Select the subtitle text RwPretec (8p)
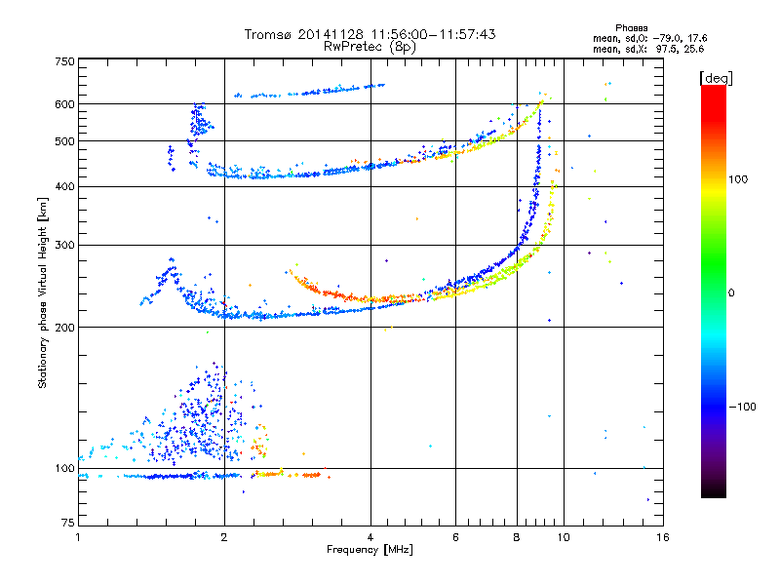(x=370, y=47)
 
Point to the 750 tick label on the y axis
(x=64, y=61)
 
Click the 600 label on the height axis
(x=64, y=104)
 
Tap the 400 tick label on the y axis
(x=64, y=187)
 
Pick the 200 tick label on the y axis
(x=64, y=328)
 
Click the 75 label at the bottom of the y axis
(x=68, y=523)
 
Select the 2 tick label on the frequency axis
(x=224, y=537)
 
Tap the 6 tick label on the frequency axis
(x=455, y=537)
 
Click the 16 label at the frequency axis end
(x=663, y=537)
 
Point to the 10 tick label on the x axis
(x=564, y=537)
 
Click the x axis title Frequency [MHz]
(x=370, y=550)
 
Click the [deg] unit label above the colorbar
(x=716, y=78)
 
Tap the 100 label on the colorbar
(x=738, y=179)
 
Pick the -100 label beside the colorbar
(x=742, y=407)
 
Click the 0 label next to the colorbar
(x=731, y=293)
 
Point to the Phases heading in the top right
(x=631, y=28)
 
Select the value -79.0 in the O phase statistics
(x=667, y=39)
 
